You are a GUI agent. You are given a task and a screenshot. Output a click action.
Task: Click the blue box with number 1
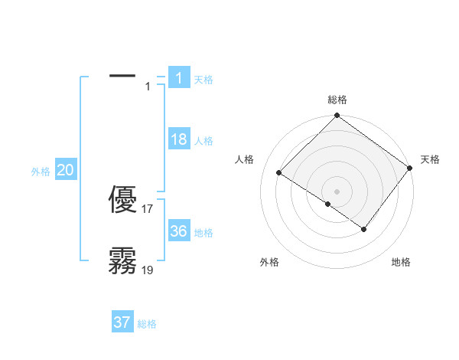(178, 78)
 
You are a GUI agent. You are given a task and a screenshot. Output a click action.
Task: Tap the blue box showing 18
(178, 139)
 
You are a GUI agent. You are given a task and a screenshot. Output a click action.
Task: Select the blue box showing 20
(65, 170)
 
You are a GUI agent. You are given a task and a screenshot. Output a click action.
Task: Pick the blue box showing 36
(178, 231)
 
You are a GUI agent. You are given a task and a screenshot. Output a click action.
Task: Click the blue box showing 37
(122, 322)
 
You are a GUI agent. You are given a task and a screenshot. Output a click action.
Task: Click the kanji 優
(123, 201)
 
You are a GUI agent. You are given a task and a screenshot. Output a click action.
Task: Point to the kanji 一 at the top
(123, 76)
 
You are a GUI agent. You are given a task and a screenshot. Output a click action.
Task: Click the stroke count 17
(148, 208)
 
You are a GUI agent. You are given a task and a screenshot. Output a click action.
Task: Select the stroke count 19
(148, 270)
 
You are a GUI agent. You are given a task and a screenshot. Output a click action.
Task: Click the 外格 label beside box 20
(41, 172)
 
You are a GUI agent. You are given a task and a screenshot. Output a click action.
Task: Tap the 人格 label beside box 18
(203, 141)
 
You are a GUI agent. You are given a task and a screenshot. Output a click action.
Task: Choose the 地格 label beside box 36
(203, 233)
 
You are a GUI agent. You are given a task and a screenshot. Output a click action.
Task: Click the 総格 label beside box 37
(147, 324)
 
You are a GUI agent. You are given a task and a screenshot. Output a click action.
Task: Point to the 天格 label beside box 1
(203, 80)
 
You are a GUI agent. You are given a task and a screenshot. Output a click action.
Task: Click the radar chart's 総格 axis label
(337, 100)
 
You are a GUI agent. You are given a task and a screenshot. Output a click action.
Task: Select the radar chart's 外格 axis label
(269, 262)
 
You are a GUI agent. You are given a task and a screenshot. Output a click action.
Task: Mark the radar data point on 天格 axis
(410, 168)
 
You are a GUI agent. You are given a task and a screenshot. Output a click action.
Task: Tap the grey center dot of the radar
(337, 191)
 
